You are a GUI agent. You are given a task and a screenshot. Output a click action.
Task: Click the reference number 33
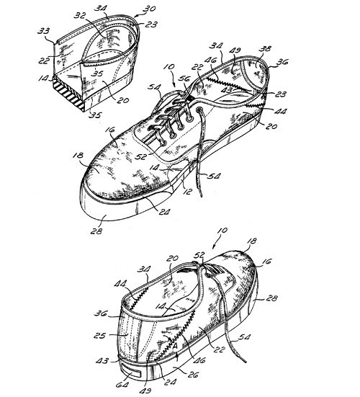44,31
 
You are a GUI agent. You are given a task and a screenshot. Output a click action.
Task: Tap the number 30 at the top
149,9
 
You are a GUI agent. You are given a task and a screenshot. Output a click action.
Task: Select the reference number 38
265,48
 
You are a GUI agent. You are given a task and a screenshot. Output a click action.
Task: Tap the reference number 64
122,385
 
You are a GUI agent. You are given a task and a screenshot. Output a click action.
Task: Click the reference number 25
100,336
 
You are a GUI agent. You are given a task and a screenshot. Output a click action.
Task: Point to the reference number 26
193,375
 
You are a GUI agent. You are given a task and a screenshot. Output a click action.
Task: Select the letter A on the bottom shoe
175,345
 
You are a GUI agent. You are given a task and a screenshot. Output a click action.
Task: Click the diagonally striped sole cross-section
68,94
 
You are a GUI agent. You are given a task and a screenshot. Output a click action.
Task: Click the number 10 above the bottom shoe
222,231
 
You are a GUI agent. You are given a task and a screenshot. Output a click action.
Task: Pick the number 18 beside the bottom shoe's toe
251,241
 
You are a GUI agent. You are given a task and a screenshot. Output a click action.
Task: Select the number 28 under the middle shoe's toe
97,231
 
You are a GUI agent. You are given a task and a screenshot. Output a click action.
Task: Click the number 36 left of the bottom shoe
100,313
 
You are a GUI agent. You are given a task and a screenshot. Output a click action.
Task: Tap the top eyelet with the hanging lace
200,110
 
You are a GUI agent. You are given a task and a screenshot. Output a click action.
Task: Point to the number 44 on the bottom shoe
120,284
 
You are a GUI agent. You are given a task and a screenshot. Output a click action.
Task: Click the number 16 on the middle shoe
109,130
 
